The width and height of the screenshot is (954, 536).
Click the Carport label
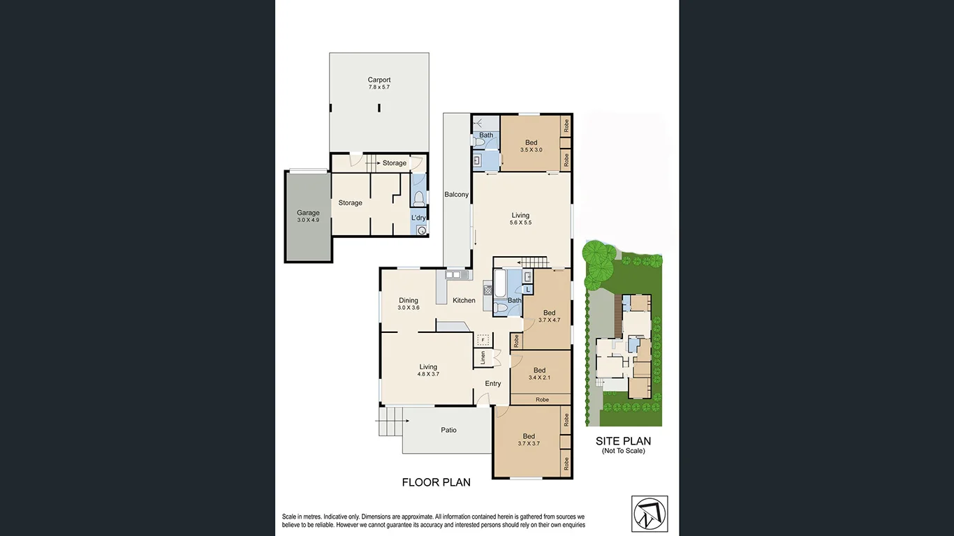pyautogui.click(x=379, y=80)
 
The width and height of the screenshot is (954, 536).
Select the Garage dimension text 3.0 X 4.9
pyautogui.click(x=308, y=220)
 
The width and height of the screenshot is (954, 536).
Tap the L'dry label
pyautogui.click(x=418, y=218)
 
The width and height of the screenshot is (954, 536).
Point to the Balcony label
pyautogui.click(x=456, y=195)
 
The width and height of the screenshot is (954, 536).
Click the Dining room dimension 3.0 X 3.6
pyautogui.click(x=409, y=308)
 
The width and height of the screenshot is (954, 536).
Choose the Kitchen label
pyautogui.click(x=464, y=301)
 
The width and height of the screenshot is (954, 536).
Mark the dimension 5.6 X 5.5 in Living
pyautogui.click(x=520, y=223)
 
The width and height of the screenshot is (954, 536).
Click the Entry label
pyautogui.click(x=493, y=383)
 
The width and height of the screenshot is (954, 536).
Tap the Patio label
pyautogui.click(x=448, y=430)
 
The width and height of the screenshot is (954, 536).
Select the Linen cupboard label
pyautogui.click(x=483, y=358)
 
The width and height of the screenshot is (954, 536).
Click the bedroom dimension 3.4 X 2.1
pyautogui.click(x=539, y=378)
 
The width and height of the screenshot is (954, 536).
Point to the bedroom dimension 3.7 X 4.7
pyautogui.click(x=549, y=320)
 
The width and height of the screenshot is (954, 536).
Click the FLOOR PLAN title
pyautogui.click(x=436, y=482)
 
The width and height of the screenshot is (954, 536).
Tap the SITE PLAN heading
pyautogui.click(x=623, y=441)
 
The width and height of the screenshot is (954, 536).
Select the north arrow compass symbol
pyautogui.click(x=650, y=513)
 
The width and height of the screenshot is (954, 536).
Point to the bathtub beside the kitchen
pyautogui.click(x=501, y=284)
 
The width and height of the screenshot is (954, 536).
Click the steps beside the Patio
pyautogui.click(x=390, y=421)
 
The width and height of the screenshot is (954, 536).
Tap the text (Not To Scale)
pyautogui.click(x=623, y=451)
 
